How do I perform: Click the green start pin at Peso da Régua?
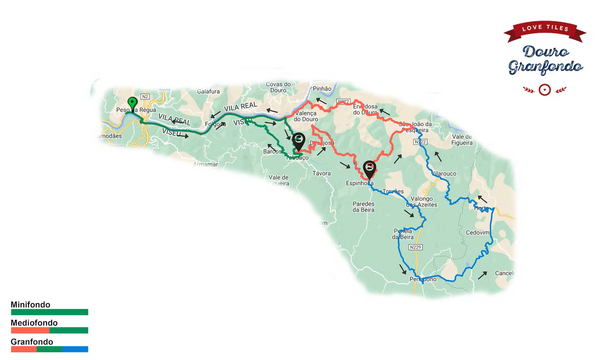point(132,103)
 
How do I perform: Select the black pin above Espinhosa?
point(369,168)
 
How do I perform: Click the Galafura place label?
point(208,92)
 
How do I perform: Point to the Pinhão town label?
point(322,89)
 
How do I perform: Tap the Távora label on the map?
point(322,173)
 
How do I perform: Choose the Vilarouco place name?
point(444,174)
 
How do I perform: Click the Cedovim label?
point(478,233)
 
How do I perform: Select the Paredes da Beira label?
point(364,207)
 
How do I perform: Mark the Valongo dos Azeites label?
point(422,202)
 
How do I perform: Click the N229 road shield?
point(415,247)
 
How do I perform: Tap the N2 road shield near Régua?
point(145,97)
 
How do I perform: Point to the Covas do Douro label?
point(278,87)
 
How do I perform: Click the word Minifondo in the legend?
point(31,305)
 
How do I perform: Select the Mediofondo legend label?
point(34,323)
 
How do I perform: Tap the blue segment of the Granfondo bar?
point(75,349)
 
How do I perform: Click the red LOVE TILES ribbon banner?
point(545,30)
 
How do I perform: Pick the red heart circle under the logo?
point(545,90)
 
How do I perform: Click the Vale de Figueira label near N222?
point(462,140)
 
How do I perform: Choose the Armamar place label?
point(206,164)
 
